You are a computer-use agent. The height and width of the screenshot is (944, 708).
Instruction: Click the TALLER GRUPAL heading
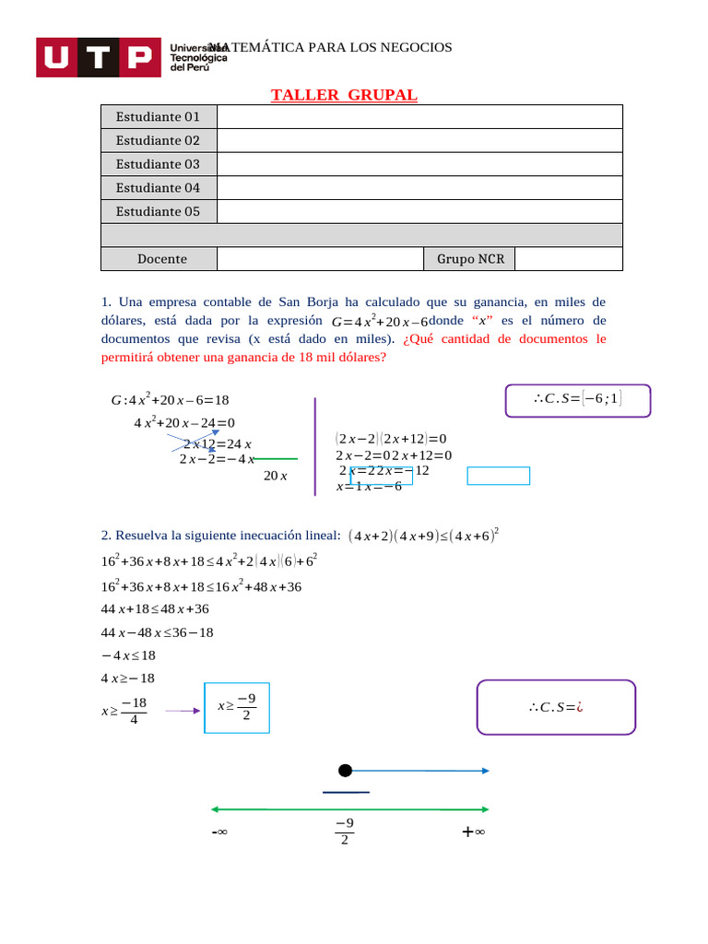click(x=344, y=96)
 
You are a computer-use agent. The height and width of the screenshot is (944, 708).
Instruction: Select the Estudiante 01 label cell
click(x=158, y=117)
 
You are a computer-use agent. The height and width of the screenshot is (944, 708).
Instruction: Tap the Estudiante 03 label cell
click(x=158, y=164)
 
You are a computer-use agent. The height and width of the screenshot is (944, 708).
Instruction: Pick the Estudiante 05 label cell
click(x=158, y=211)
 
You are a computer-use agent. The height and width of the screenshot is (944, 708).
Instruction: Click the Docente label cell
click(x=162, y=259)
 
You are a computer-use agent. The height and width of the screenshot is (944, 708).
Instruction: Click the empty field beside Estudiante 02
click(x=419, y=140)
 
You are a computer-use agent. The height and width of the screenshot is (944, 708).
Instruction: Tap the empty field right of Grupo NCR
click(x=568, y=259)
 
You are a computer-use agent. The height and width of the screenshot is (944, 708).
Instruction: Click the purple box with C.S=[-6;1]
click(x=578, y=400)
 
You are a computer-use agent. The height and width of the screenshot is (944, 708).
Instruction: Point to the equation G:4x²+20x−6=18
click(x=170, y=400)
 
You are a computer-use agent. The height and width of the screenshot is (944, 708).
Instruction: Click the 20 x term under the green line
click(x=276, y=476)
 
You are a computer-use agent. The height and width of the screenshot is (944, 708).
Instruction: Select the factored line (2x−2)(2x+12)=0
click(x=391, y=439)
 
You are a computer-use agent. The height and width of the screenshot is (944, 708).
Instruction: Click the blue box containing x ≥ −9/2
click(x=237, y=707)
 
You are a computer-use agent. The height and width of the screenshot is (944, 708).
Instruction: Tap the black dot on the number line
click(x=345, y=771)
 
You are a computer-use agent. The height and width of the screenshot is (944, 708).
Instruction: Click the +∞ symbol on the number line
click(x=474, y=832)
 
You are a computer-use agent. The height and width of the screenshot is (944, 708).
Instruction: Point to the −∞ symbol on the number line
click(x=219, y=832)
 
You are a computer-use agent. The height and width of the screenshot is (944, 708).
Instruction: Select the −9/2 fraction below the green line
click(x=344, y=832)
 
